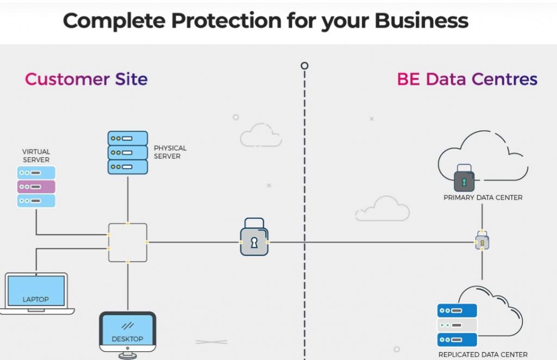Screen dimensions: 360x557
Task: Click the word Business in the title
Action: (422, 21)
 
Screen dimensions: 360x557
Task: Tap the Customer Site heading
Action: (86, 79)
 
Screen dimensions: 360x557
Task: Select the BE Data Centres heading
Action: (467, 79)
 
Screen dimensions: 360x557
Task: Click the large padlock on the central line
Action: (254, 239)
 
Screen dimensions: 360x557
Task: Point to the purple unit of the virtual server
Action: (36, 187)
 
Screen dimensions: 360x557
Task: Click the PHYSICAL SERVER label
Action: (170, 152)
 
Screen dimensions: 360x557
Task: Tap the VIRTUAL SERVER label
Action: (36, 156)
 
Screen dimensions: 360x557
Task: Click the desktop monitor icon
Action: (127, 333)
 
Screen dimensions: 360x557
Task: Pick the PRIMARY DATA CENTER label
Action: (483, 197)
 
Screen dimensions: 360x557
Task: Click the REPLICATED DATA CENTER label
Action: (483, 355)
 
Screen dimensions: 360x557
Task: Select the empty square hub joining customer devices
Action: (127, 242)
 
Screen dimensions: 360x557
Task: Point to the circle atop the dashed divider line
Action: (305, 66)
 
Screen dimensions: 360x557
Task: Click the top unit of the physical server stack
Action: (127, 138)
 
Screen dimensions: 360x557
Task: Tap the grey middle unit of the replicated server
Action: (457, 325)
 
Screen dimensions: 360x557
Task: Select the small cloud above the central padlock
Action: (261, 135)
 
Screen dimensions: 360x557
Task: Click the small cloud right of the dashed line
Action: (382, 209)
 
